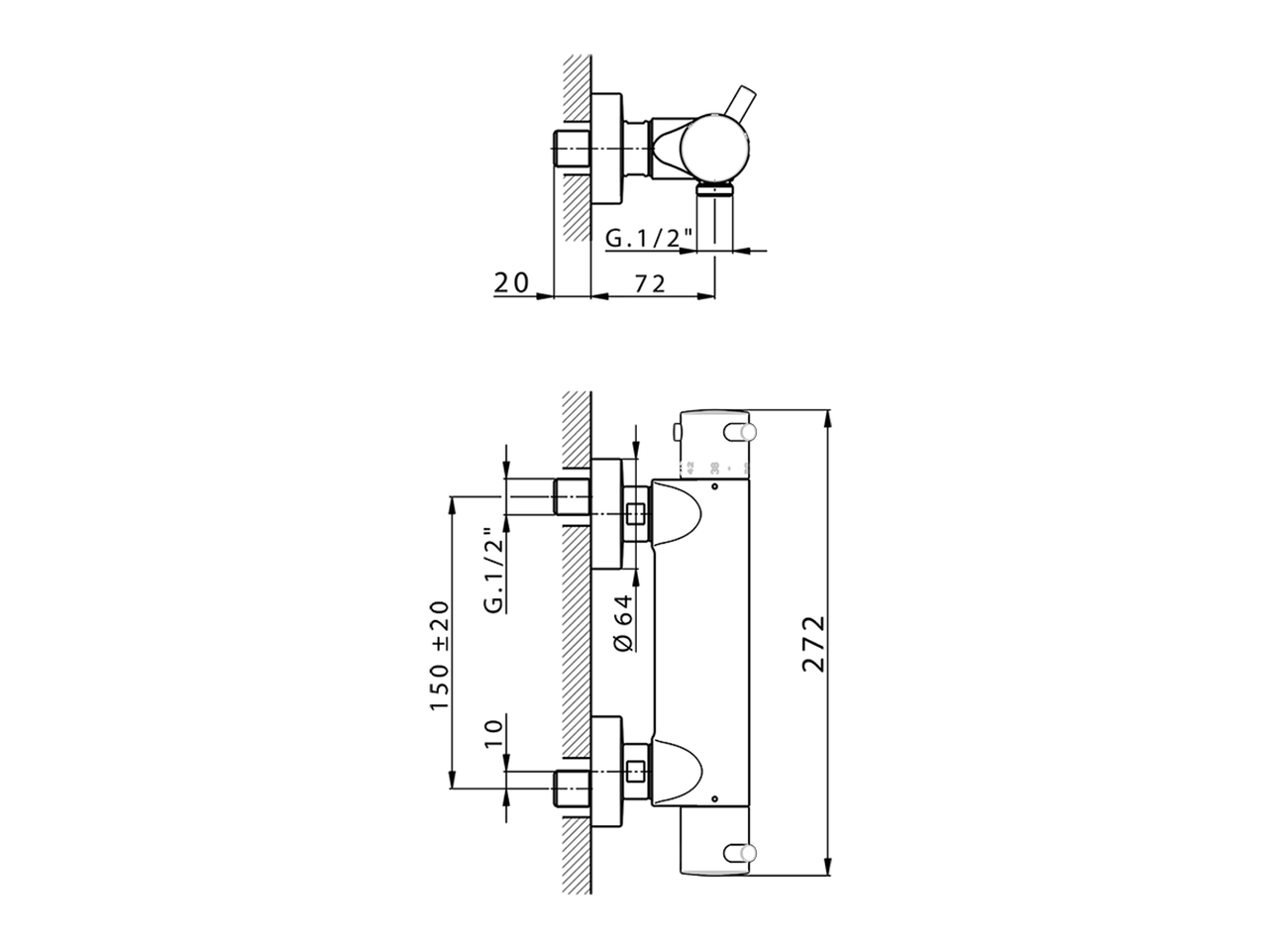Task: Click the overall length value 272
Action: click(813, 644)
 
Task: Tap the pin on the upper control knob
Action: click(742, 432)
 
